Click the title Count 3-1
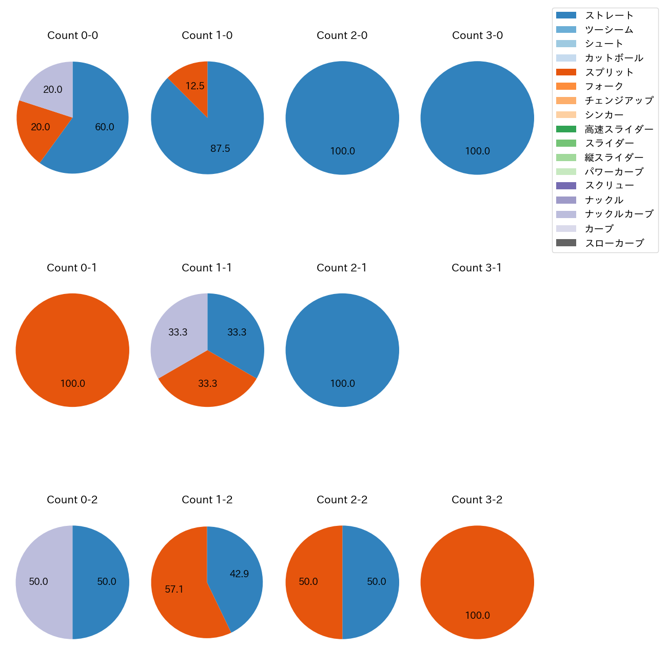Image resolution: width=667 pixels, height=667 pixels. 477,268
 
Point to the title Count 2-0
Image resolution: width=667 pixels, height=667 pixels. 342,35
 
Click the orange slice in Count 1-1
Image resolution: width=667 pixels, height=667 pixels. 207,382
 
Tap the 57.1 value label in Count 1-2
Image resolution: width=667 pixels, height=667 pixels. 174,590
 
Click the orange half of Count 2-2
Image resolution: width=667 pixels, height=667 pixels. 309,582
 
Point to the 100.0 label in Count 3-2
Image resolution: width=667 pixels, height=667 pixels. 477,615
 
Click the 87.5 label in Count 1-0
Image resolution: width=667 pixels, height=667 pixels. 220,149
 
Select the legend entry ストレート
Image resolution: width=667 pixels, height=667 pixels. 609,15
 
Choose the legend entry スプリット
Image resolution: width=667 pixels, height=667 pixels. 609,72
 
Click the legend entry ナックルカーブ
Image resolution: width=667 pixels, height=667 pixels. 619,214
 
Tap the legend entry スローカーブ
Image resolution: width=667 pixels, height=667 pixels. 614,243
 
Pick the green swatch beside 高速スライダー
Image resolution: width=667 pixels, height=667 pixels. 566,129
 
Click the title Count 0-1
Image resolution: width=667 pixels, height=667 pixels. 72,268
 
